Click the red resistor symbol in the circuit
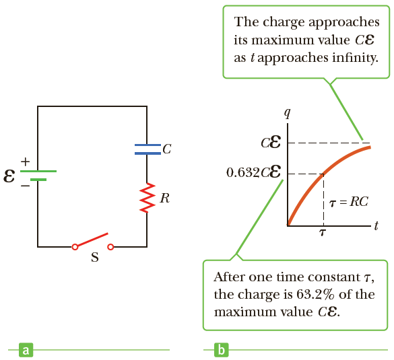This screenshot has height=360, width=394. (x=147, y=198)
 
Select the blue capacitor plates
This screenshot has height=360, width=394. (x=147, y=149)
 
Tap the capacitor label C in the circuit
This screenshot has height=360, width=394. (x=167, y=149)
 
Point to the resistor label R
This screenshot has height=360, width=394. (x=165, y=198)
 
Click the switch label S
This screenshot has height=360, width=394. (x=95, y=257)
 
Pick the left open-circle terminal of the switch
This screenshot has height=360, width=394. (x=75, y=247)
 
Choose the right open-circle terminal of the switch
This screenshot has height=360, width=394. (x=110, y=247)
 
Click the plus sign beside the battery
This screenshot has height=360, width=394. (x=25, y=162)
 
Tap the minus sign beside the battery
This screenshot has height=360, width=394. (x=25, y=186)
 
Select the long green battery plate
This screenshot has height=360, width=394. (x=38, y=171)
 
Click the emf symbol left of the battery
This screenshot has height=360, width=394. (x=9, y=176)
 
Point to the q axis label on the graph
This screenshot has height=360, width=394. (x=288, y=114)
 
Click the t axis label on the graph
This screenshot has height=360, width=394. (x=376, y=225)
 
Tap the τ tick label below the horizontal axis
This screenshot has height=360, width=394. (x=323, y=233)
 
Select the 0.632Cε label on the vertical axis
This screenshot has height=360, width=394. (x=253, y=172)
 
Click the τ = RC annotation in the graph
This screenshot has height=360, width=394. (x=348, y=202)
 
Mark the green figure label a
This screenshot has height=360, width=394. (x=26, y=350)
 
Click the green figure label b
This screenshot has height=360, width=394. (x=222, y=350)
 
